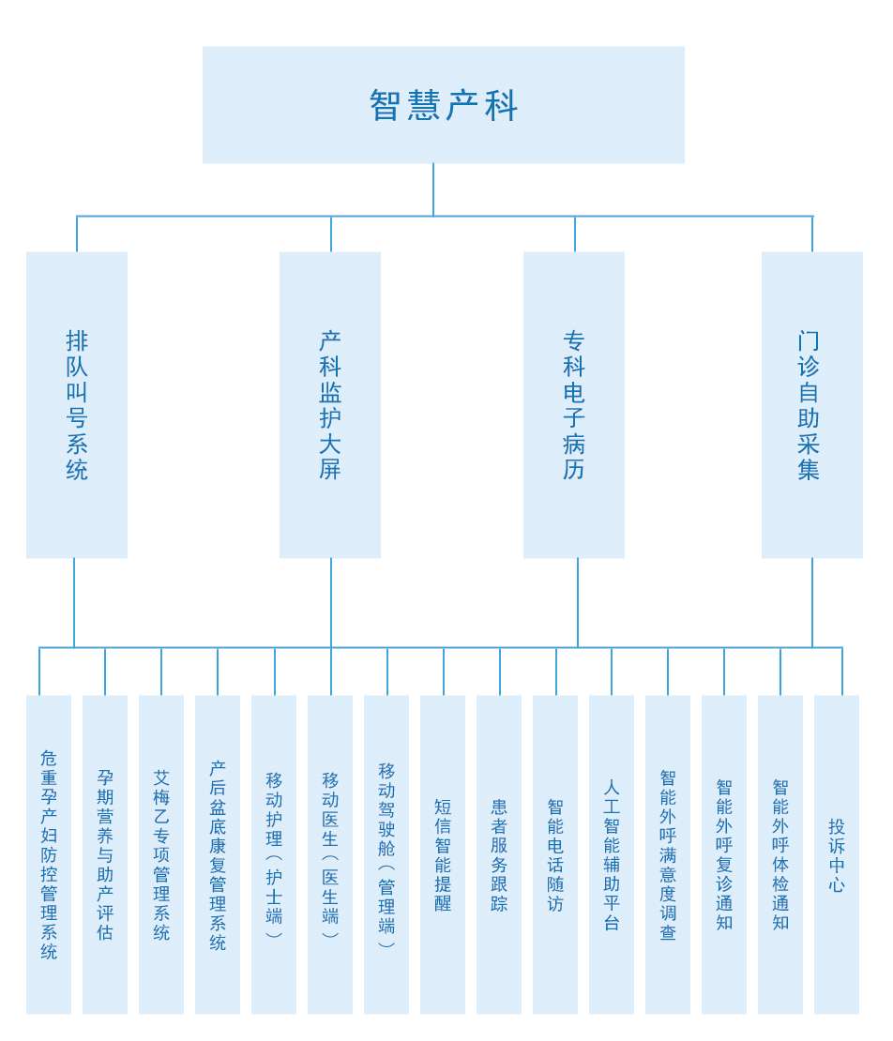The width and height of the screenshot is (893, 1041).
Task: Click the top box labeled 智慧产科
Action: pos(443,105)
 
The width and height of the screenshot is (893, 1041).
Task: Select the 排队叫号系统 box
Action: pos(77,404)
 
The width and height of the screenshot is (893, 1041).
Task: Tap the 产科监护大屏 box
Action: pos(330,404)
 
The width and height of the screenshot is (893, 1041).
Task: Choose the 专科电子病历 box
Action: pos(574,404)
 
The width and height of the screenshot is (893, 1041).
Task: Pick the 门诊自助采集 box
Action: pos(811,404)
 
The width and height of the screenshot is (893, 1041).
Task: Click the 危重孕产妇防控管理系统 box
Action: pos(49,854)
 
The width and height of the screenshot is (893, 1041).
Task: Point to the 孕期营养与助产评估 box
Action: pos(105,854)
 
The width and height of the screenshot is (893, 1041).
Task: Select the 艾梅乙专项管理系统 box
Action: pos(161,854)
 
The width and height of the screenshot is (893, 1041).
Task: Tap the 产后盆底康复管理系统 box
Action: pos(218,854)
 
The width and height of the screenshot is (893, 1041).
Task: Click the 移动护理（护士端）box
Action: pos(274,854)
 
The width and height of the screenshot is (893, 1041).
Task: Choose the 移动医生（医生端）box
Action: pos(330,854)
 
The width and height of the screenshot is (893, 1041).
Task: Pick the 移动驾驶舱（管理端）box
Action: pos(386,854)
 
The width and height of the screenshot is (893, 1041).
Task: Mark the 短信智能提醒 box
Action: pos(443,854)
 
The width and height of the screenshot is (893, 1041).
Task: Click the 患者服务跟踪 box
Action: pos(499,854)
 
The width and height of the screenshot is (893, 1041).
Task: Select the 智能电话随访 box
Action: pos(555,854)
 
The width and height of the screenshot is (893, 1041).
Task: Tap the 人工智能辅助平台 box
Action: pos(612,854)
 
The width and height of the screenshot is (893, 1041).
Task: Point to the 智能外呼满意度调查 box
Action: pos(668,854)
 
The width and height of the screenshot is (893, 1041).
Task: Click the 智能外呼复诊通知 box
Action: pos(724,854)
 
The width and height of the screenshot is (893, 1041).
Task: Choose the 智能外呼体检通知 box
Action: pos(780,854)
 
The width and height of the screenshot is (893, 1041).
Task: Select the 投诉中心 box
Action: pos(837,854)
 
